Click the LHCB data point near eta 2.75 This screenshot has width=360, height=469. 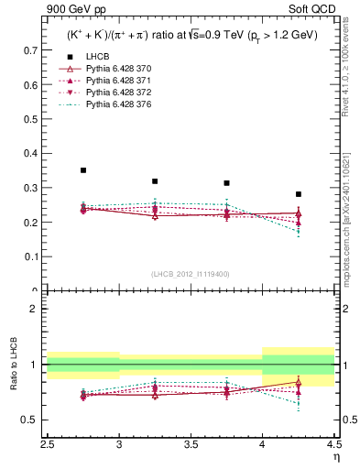click(x=83, y=170)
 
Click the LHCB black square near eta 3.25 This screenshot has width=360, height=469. click(x=155, y=181)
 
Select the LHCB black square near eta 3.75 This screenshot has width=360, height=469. click(x=226, y=183)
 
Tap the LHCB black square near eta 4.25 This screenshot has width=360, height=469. click(x=298, y=194)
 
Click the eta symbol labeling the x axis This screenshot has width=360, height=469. click(x=335, y=456)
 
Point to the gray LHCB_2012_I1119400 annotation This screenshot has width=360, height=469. click(x=191, y=274)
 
